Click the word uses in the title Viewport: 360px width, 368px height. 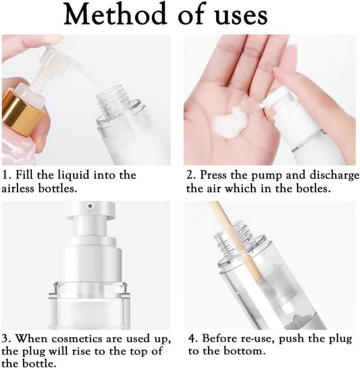[x=237, y=16]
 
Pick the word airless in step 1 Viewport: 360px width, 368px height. [x=21, y=188]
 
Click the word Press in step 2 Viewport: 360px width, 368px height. [x=214, y=175]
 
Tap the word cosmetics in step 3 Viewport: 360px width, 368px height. [x=75, y=338]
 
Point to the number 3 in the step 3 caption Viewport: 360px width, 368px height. [x=5, y=338]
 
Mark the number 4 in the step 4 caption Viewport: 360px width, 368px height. [x=191, y=338]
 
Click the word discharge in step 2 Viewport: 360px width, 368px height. [x=330, y=175]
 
